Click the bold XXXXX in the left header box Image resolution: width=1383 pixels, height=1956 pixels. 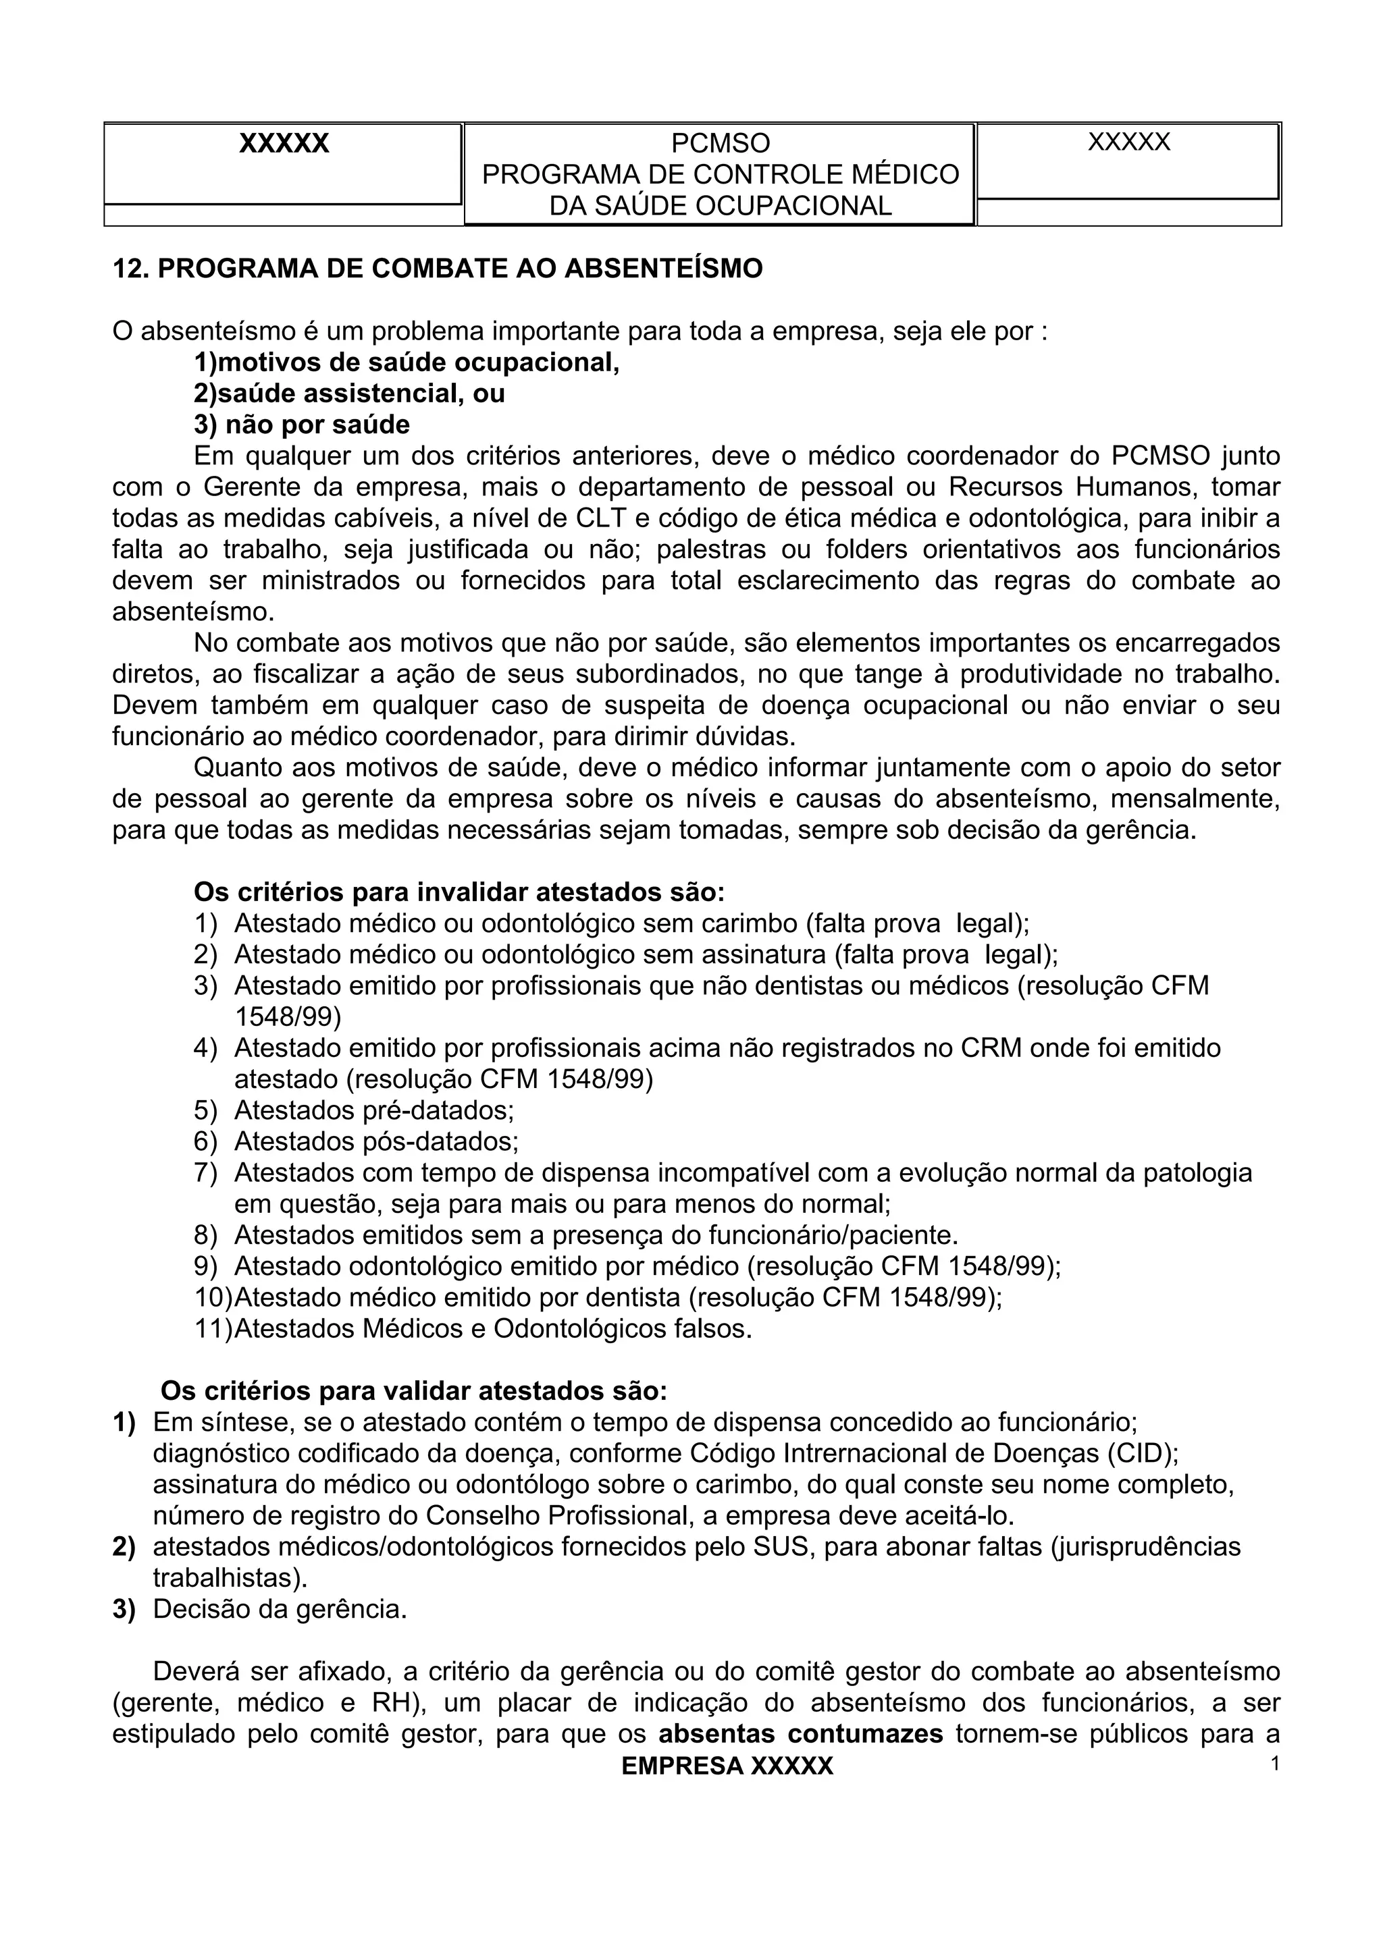[284, 143]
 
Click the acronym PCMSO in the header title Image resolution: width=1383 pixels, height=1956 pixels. [720, 143]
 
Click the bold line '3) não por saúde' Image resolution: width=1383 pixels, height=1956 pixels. [302, 425]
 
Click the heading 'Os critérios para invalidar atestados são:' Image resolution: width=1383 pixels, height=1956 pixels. [459, 893]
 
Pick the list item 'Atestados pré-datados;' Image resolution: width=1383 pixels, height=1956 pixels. [374, 1111]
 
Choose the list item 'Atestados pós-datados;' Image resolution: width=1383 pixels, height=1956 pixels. [375, 1141]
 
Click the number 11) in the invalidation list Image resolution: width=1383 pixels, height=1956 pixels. [213, 1329]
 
